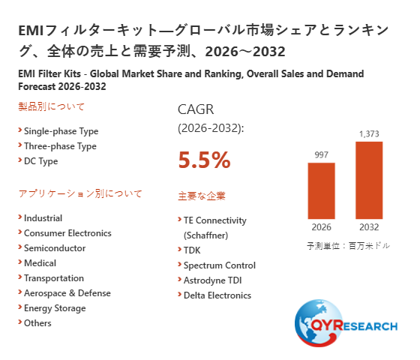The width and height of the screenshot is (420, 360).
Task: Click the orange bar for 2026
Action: point(321,190)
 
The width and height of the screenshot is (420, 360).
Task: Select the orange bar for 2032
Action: point(369,180)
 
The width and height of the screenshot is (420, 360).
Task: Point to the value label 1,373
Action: point(369,133)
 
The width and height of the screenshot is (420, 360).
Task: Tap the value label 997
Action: point(322,154)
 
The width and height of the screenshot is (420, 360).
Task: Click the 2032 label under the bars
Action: point(369,227)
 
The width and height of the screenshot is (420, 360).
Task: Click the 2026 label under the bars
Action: point(322,227)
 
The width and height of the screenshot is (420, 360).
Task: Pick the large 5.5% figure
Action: point(204,160)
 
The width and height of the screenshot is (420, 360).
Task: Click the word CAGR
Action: point(196,109)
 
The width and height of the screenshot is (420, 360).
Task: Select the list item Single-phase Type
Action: point(61,131)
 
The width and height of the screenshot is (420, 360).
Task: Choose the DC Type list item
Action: point(41,161)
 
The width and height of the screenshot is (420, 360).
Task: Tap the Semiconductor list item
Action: point(55,248)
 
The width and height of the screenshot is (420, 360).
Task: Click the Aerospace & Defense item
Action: point(67,293)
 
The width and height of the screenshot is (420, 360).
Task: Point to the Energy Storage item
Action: point(55,308)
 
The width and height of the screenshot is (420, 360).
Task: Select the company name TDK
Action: point(192,250)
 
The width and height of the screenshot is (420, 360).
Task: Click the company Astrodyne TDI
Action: point(213,280)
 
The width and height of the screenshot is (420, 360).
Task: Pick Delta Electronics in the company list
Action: point(217,295)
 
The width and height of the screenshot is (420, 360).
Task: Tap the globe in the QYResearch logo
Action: point(319,323)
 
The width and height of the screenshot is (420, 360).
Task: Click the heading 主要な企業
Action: point(202,196)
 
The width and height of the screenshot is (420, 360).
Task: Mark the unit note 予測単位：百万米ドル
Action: point(348,246)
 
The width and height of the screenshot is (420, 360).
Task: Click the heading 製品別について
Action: point(52,106)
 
